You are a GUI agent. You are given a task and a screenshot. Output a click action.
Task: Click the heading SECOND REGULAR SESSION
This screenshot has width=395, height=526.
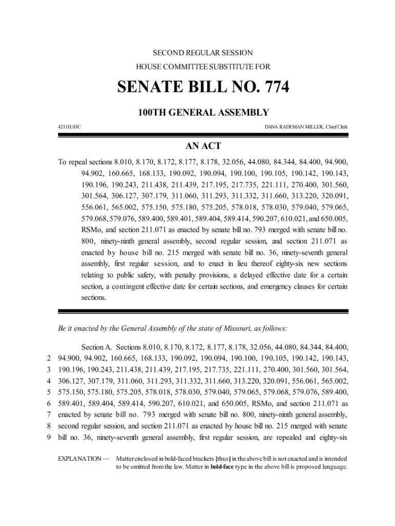tap(203, 53)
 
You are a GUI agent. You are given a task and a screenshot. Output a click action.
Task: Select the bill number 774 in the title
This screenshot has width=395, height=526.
tap(274, 87)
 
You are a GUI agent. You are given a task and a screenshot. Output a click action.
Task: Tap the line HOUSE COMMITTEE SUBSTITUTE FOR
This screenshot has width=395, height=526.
tap(203, 67)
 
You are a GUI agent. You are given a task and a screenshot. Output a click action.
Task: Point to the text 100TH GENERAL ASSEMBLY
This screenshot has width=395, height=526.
tap(203, 112)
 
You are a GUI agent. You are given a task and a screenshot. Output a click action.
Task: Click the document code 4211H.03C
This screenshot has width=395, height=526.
tap(69, 126)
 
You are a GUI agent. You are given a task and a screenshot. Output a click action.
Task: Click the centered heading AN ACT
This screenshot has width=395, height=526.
tap(203, 146)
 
